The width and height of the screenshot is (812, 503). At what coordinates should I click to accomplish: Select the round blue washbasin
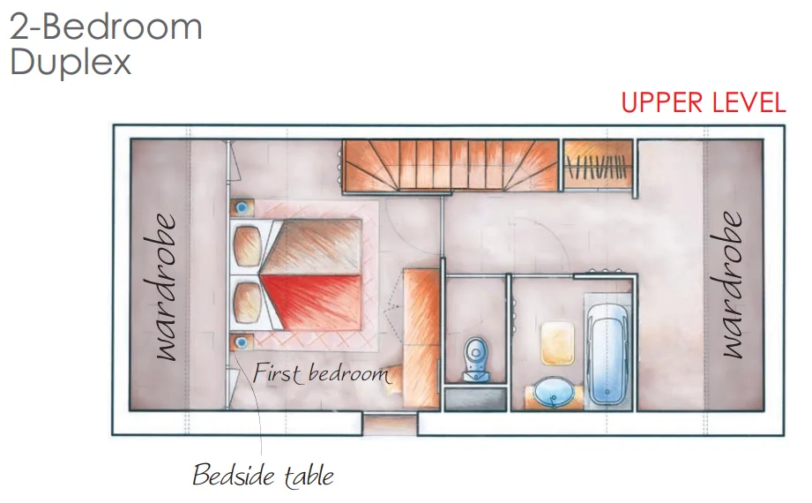coord(554,393)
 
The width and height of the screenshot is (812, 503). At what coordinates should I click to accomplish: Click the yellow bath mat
coord(557,343)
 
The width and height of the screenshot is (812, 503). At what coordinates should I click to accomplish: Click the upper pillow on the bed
coord(247,245)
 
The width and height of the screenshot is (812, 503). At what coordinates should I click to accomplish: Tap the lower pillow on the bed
coord(247,303)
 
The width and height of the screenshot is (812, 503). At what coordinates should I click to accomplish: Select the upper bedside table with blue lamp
coord(242,208)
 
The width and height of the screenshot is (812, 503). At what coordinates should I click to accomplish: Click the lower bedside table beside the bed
coord(242,342)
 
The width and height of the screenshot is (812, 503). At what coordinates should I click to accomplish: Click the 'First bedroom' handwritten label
coord(321,373)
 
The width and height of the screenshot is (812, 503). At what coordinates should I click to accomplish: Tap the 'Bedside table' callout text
coord(263,475)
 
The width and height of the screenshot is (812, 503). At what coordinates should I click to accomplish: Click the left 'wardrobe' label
coord(165,287)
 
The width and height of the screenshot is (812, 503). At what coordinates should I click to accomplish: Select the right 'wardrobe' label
coord(731,285)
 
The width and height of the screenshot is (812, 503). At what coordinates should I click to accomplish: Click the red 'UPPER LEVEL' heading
coord(704,102)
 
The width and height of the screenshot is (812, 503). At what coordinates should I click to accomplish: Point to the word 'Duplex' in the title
coord(71,62)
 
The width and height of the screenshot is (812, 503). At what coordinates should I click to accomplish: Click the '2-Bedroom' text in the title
coord(106,26)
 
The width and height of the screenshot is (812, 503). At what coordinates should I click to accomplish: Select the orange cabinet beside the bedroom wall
coord(421,338)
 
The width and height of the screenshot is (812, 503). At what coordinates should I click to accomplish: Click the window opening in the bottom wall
coord(389,424)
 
